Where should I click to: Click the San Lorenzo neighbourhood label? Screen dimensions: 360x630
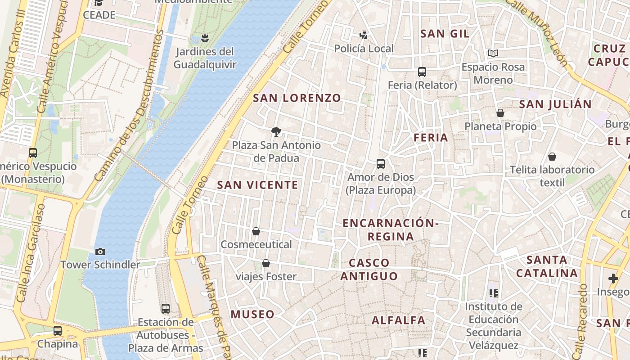tap(297, 98)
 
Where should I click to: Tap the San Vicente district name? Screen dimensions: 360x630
tap(257, 185)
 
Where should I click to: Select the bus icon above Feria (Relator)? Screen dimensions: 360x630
tap(422, 72)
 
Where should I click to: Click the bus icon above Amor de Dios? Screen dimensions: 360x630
tap(381, 164)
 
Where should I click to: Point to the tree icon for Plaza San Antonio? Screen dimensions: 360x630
tap(276, 132)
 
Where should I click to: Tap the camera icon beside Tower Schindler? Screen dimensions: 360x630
tap(100, 252)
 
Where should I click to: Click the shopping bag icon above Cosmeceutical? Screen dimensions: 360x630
tap(256, 231)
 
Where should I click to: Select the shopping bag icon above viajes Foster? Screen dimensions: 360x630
tap(266, 263)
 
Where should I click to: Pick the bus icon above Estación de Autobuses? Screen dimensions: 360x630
tap(166, 309)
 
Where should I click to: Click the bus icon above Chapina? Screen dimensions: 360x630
tap(58, 331)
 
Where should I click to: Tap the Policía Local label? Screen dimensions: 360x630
tap(364, 49)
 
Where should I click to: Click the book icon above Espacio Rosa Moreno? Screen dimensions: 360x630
tap(493, 54)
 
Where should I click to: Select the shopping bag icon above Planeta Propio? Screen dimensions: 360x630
tap(500, 113)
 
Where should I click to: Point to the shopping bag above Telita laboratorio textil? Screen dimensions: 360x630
tap(552, 157)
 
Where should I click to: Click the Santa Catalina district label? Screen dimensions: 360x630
tap(547, 266)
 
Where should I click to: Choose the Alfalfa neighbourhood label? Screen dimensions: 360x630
tap(398, 320)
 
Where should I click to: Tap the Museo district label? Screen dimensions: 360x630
tap(252, 314)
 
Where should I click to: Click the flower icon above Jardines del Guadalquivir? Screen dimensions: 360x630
tap(205, 38)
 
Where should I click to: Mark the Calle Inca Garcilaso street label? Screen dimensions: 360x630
tap(31, 252)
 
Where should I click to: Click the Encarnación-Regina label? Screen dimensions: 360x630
tap(391, 229)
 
